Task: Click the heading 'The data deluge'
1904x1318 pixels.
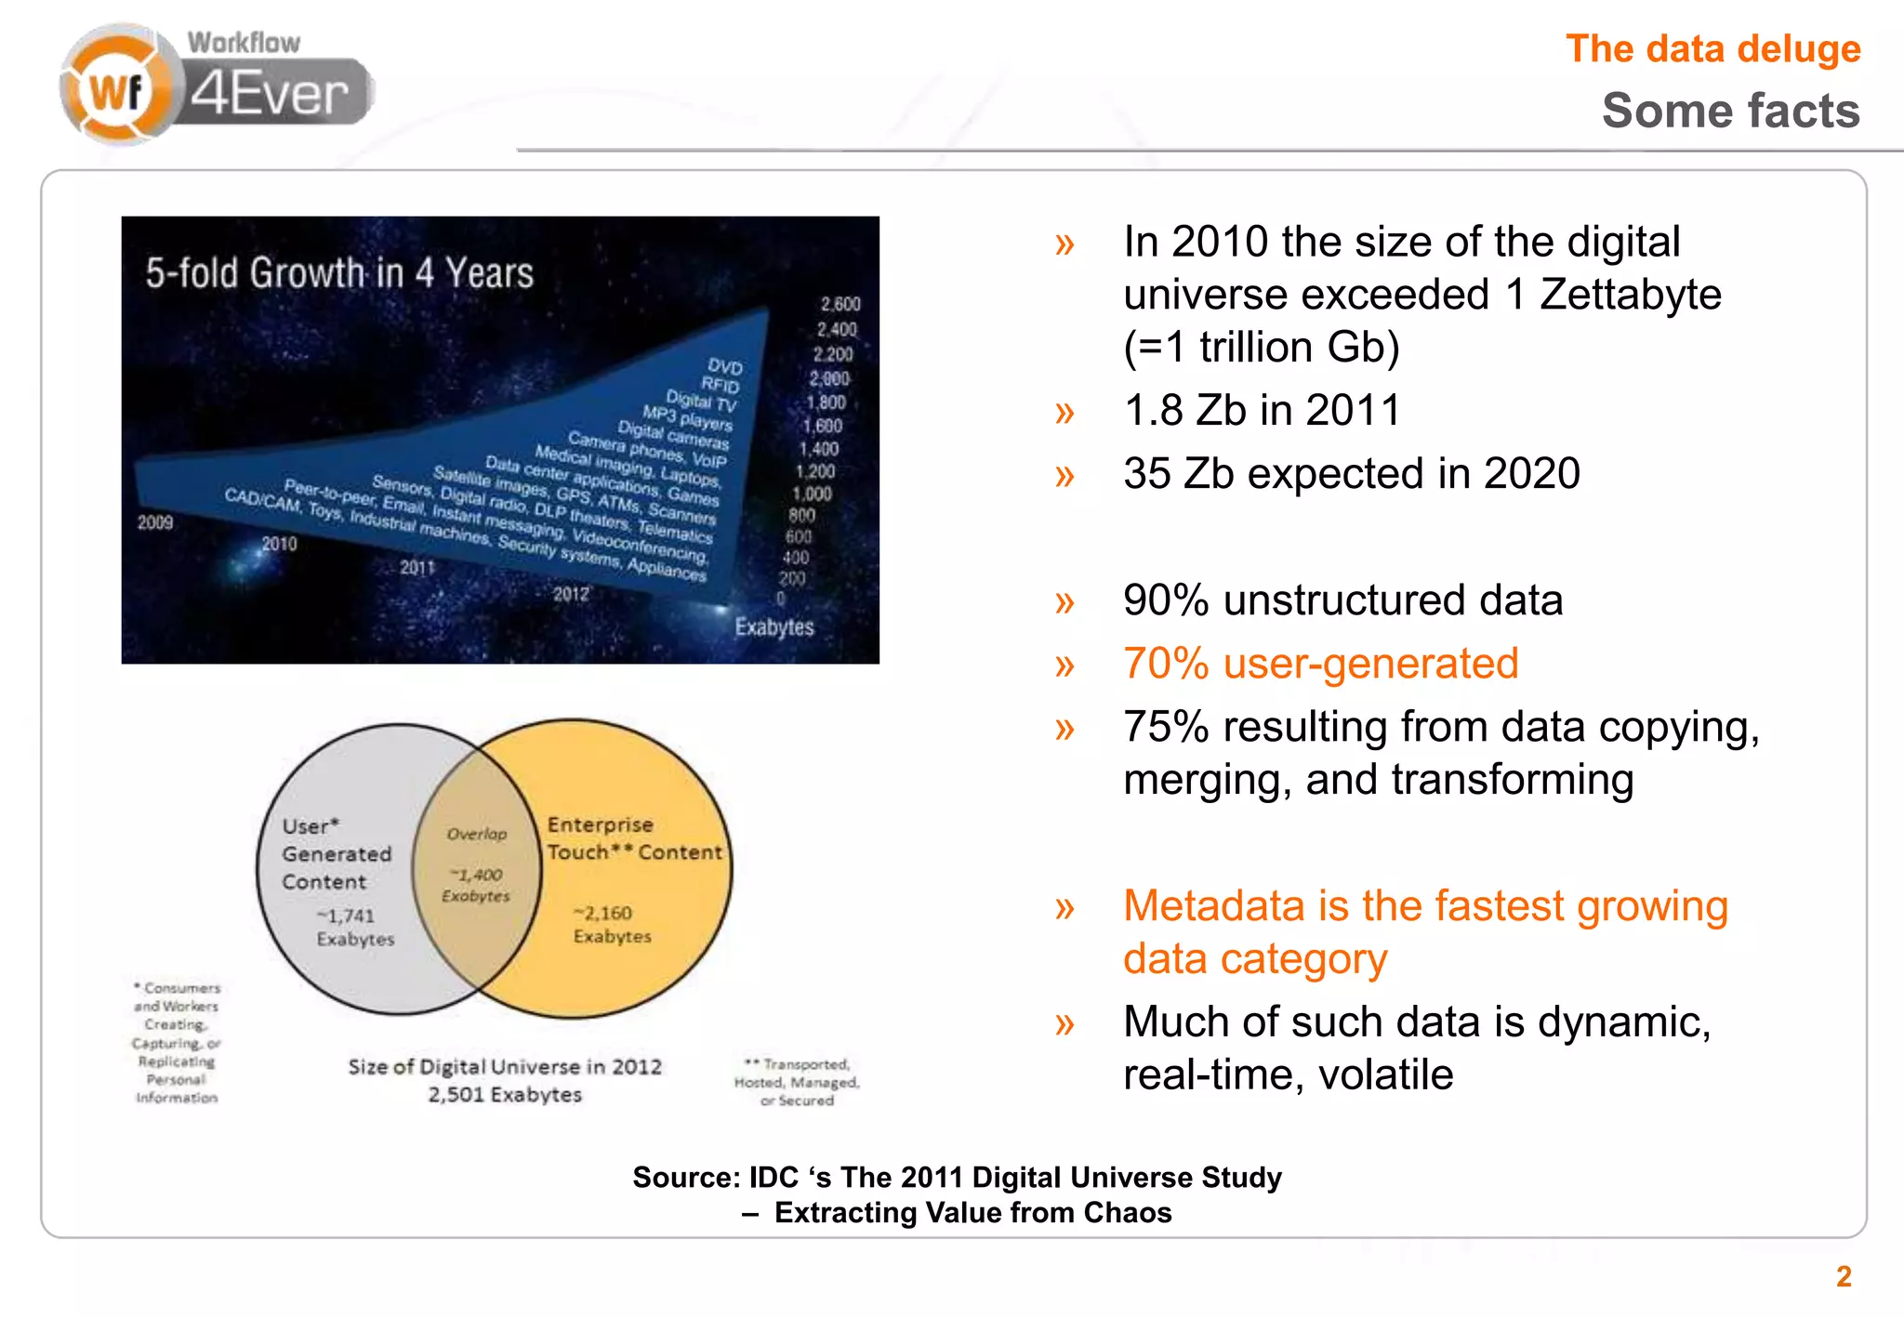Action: pos(1712,49)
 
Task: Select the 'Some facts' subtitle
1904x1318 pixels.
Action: pos(1730,111)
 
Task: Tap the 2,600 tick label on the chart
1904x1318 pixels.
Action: pos(840,304)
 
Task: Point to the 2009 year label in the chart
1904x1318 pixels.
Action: pos(155,522)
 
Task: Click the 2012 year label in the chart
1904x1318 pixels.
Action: pos(571,594)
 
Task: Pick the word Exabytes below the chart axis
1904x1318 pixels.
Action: pos(773,627)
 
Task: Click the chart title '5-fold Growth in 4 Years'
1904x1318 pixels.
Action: pos(339,273)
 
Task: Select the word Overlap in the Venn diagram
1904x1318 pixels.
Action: pos(477,834)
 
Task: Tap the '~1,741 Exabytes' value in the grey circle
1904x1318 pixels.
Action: pos(354,927)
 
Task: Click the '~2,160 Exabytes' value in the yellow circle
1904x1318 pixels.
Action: pos(611,924)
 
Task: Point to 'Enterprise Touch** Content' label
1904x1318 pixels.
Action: pos(632,837)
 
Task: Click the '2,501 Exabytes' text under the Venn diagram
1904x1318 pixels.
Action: pos(504,1095)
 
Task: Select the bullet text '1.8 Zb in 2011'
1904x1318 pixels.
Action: pos(1261,410)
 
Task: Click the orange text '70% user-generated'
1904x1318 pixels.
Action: pos(1320,664)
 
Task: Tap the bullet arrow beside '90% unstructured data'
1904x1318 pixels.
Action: pos(1064,602)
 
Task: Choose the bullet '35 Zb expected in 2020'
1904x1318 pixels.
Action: pos(1351,473)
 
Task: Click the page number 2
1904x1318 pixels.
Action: pos(1844,1276)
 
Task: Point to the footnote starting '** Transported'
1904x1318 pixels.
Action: pos(797,1082)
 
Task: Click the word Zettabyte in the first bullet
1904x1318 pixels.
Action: pos(1630,295)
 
